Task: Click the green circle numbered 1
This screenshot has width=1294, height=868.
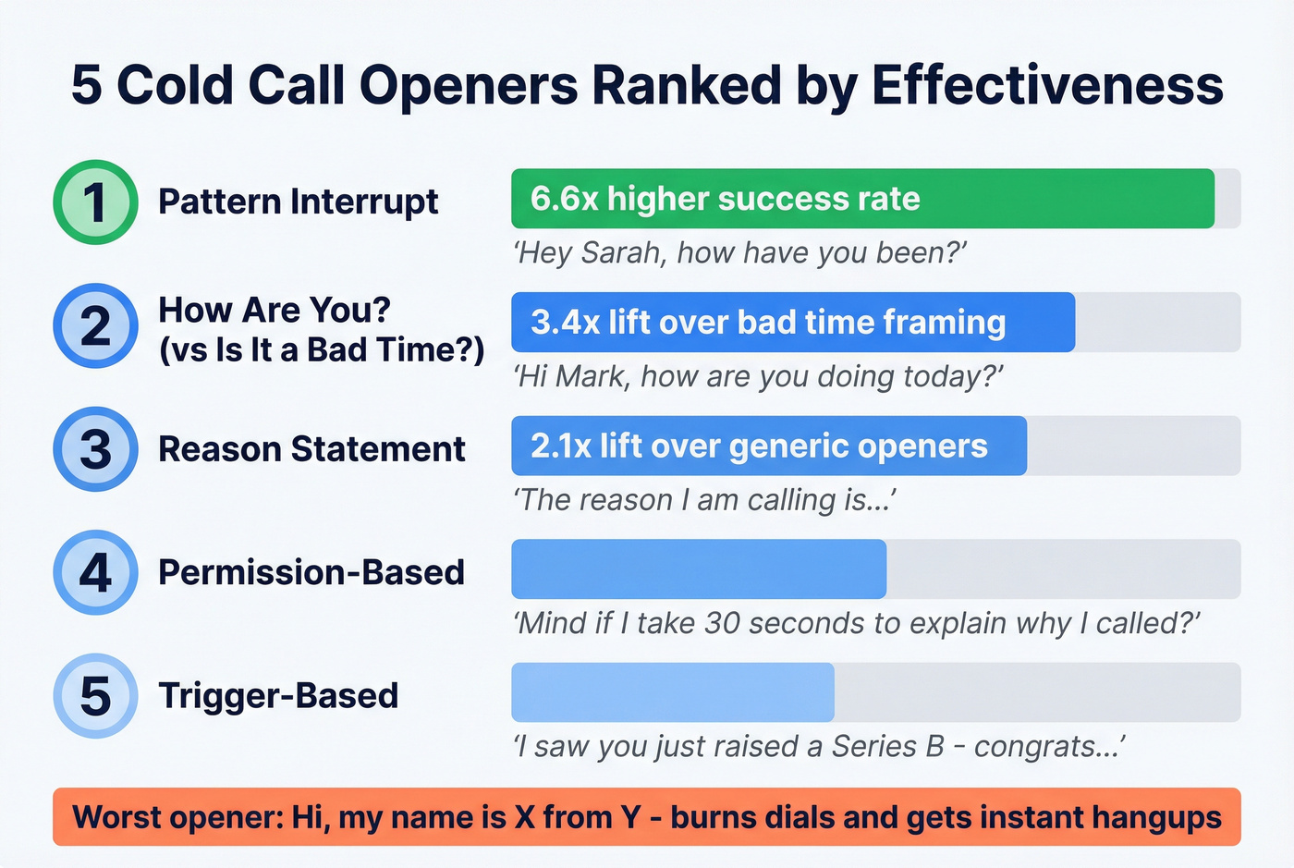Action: tap(95, 202)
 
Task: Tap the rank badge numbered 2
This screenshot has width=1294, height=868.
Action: tap(95, 325)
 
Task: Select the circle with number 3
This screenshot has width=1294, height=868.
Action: tap(95, 448)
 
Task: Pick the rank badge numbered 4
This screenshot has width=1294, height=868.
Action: tap(95, 572)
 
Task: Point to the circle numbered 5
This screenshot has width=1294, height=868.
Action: tap(95, 695)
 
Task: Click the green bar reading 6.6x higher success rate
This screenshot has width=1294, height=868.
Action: tap(861, 199)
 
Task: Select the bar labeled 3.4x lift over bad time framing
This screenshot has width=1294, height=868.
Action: tap(792, 323)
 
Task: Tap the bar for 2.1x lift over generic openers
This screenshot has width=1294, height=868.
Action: tap(768, 446)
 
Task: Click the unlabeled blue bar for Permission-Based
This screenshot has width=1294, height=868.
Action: tap(698, 569)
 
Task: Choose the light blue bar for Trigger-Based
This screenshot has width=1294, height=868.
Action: tap(672, 692)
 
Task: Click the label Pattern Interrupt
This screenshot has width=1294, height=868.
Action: tap(298, 202)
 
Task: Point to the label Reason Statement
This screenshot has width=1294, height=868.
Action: tap(311, 449)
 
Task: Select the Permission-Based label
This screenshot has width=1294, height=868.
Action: tap(311, 572)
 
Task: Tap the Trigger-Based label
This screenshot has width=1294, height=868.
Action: tap(278, 695)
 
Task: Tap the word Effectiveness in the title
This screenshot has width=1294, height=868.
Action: tap(1047, 85)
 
